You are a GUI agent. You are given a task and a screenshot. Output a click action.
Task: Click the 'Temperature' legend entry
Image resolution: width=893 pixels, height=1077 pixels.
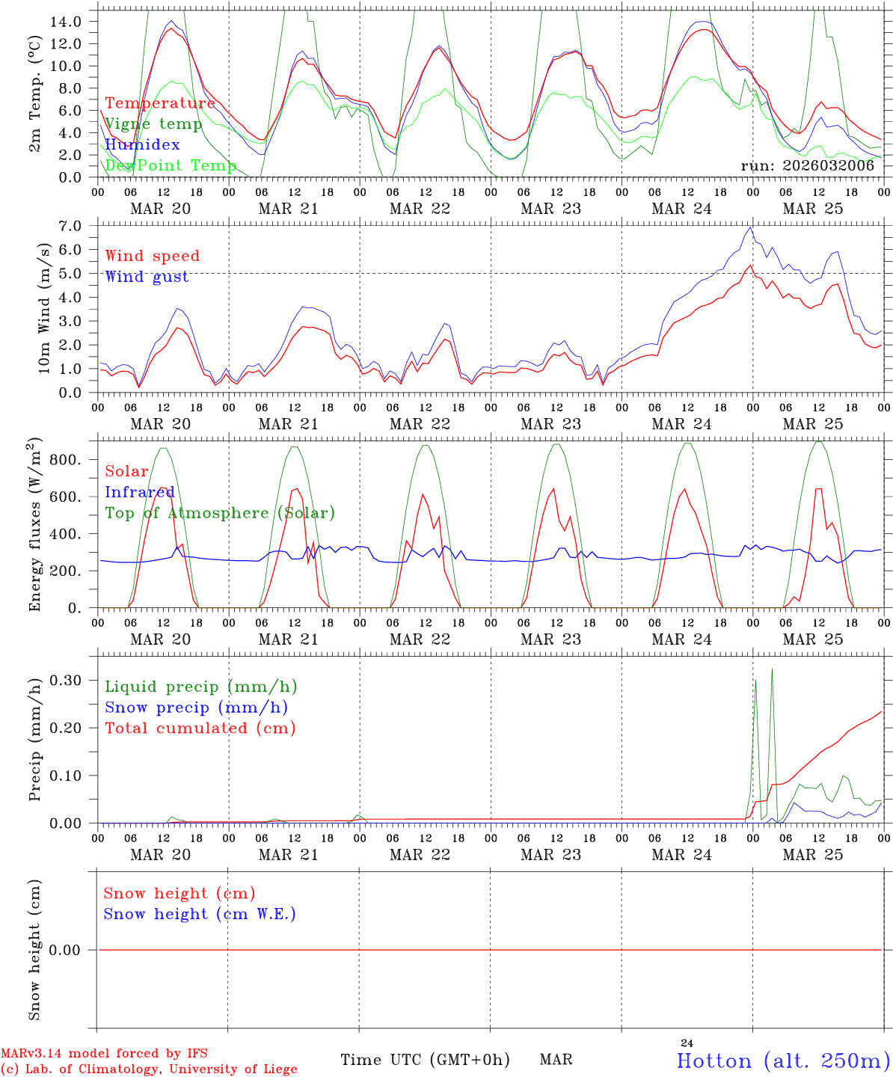click(160, 103)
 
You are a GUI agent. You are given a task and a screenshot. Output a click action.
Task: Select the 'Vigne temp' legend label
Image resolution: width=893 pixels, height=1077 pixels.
click(153, 124)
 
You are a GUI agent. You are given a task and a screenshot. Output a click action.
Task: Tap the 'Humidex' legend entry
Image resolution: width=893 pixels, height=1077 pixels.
click(142, 145)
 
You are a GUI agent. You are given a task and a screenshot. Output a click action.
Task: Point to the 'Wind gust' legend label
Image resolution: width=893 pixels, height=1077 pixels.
click(147, 277)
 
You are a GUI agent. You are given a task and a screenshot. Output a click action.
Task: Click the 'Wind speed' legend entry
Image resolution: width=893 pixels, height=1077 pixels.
click(153, 256)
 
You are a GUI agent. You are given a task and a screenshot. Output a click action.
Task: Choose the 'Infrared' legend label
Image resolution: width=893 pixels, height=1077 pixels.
click(139, 492)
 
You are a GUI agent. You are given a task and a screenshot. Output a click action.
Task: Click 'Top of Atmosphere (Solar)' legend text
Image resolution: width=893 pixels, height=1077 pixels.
click(220, 513)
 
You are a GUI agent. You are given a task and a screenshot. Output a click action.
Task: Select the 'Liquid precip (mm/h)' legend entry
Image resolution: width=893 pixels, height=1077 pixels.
click(201, 687)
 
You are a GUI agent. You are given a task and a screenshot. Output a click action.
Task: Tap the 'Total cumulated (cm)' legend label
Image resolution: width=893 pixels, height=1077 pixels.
click(200, 728)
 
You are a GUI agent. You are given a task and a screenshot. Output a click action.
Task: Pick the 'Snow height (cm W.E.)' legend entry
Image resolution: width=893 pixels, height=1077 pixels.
click(200, 914)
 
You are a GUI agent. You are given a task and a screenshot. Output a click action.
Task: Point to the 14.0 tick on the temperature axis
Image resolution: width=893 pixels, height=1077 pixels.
click(66, 21)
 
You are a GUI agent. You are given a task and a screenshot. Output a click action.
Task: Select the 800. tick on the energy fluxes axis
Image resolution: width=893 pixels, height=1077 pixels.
click(69, 459)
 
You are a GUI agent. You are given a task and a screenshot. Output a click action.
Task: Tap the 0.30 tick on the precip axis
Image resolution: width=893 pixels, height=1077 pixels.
click(66, 680)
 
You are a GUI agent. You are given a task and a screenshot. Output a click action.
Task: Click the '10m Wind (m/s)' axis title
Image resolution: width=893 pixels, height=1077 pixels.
click(44, 308)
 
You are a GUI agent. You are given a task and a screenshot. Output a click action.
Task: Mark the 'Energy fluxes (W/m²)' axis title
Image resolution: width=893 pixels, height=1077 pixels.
click(34, 526)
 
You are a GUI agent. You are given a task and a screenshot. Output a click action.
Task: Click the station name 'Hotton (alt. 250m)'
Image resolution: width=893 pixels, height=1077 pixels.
click(783, 1061)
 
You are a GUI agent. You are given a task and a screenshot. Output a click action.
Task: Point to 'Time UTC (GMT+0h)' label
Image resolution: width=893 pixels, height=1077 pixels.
click(425, 1060)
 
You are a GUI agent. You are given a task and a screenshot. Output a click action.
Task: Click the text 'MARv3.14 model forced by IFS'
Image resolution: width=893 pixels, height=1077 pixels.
click(104, 1054)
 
